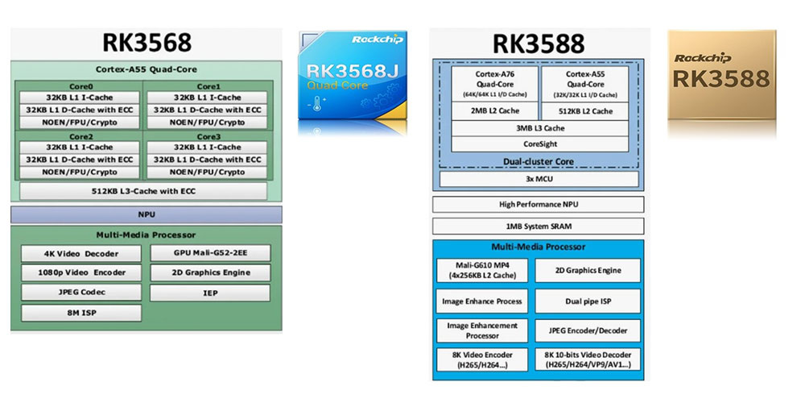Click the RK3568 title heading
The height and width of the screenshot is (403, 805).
point(146,43)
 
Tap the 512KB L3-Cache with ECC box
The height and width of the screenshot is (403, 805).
point(143,191)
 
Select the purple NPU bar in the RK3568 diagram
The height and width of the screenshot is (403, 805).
point(146,214)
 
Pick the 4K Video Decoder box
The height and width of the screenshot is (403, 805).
point(81,253)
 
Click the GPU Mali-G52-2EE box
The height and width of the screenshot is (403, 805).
point(210,253)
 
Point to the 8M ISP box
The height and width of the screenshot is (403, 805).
point(81,312)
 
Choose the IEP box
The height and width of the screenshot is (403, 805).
point(210,292)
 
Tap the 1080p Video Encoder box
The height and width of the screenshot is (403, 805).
point(81,272)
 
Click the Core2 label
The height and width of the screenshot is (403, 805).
point(80,136)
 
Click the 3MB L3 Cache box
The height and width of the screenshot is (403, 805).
point(539,128)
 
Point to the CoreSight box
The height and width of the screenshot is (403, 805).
point(539,144)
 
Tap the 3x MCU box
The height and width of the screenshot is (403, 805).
point(539,179)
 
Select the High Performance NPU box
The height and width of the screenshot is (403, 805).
point(539,205)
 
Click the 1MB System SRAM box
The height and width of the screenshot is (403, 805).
point(539,226)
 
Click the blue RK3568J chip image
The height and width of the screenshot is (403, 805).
point(353,77)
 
